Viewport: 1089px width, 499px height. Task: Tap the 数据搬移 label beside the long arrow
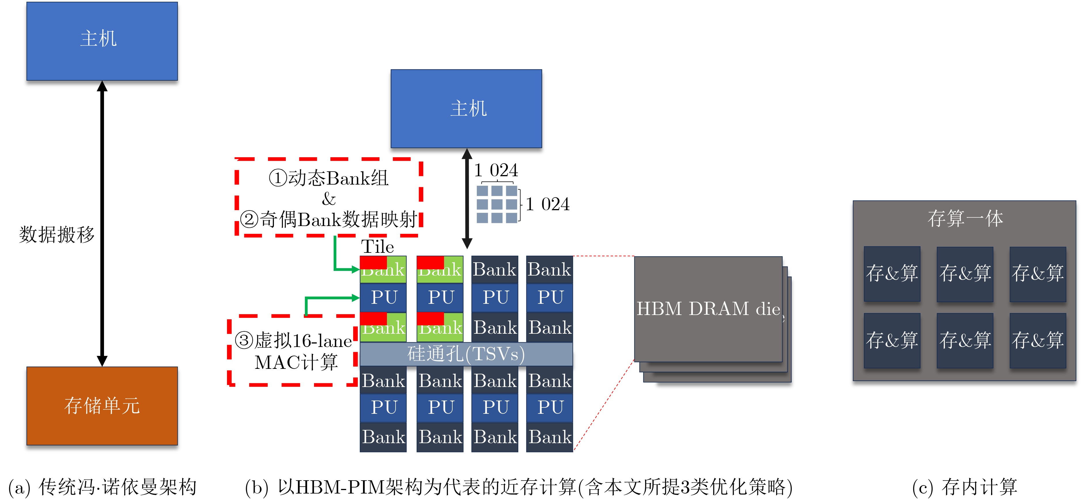(x=57, y=234)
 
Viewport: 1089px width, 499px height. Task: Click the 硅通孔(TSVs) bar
(x=466, y=354)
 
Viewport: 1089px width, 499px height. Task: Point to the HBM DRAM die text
(x=708, y=309)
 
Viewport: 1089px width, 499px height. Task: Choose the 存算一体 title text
(x=965, y=219)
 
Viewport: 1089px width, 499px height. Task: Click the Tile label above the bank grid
(x=377, y=246)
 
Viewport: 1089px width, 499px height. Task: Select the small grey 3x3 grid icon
(x=497, y=204)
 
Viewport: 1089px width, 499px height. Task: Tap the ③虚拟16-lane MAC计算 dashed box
(x=292, y=351)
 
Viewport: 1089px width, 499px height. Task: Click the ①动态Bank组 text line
(x=328, y=178)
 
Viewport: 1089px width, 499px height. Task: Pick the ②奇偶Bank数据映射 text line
(x=328, y=219)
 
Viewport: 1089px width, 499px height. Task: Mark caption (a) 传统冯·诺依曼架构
(x=102, y=487)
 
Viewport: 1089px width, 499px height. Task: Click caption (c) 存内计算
(x=964, y=487)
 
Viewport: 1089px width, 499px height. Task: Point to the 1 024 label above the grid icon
(x=496, y=170)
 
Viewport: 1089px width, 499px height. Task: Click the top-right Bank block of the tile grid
(x=549, y=269)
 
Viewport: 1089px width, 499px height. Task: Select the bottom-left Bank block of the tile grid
(x=383, y=437)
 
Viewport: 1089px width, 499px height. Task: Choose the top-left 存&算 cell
(x=892, y=273)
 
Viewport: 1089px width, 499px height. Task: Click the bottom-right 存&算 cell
(x=1037, y=340)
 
